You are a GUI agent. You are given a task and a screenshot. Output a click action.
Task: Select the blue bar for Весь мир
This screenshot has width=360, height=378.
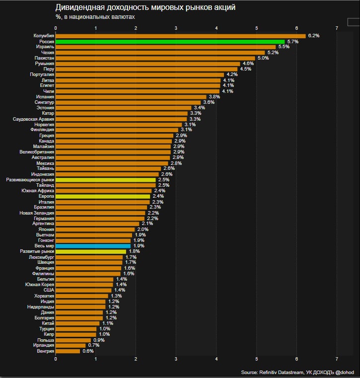(93, 246)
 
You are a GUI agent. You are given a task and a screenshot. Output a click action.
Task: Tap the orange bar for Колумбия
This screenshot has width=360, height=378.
(180, 36)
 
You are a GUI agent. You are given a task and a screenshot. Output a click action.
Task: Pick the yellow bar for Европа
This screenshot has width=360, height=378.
(103, 196)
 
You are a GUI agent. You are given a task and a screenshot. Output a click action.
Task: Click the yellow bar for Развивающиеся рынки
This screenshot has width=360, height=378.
(105, 179)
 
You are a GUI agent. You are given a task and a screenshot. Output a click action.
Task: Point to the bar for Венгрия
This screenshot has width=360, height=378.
(68, 351)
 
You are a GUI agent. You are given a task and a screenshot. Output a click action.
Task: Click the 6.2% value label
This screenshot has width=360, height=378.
(313, 36)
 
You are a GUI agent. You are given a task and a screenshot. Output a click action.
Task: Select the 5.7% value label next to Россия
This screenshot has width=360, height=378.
(292, 42)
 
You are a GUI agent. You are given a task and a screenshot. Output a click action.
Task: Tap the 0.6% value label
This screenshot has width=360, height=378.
(88, 351)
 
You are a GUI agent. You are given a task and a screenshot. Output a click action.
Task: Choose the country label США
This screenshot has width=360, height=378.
(49, 290)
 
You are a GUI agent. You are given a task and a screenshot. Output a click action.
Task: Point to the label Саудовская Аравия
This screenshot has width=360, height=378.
(34, 119)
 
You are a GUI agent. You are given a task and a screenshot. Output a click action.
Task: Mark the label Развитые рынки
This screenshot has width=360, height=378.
(37, 251)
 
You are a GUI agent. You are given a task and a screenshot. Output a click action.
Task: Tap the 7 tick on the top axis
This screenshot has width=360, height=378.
(337, 28)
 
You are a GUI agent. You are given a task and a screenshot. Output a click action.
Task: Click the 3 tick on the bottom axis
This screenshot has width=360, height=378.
(176, 359)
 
